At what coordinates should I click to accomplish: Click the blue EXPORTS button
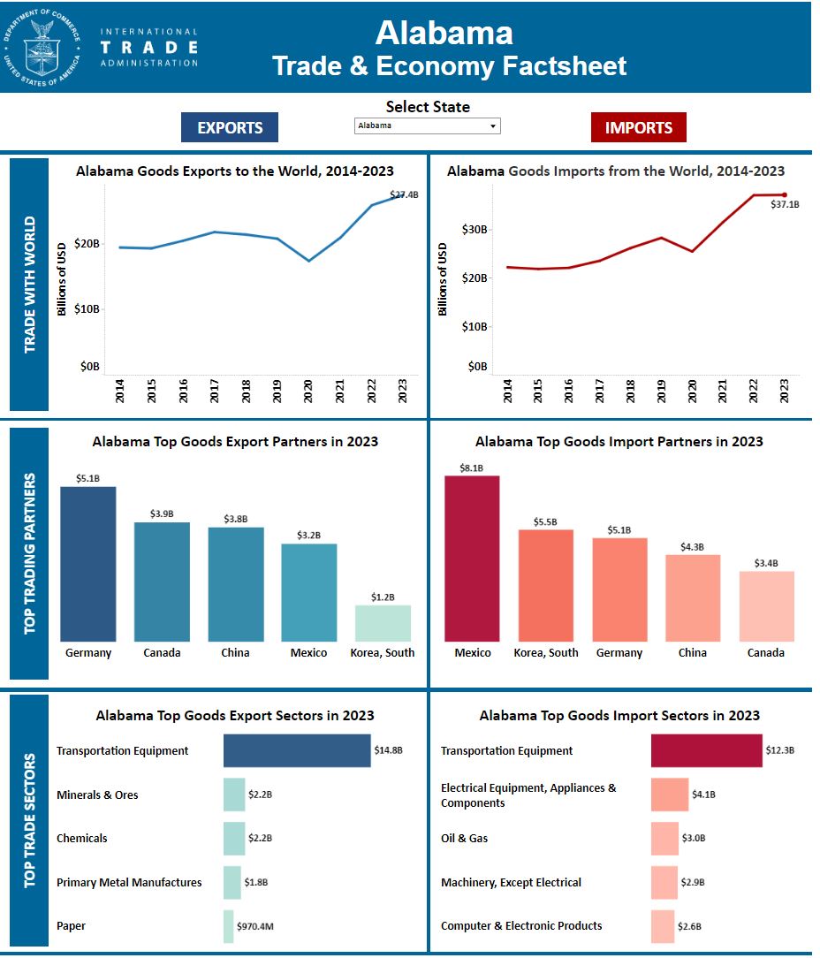230,127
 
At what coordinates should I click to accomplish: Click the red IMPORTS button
638,127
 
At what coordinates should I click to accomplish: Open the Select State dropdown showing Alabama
428,125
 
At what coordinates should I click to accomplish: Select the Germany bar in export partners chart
88,564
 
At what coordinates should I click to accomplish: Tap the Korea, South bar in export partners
383,623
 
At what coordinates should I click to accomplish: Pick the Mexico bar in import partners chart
472,559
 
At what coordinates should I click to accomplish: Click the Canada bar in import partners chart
766,606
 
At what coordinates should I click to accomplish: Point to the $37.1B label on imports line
785,204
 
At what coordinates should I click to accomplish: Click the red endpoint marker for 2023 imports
784,194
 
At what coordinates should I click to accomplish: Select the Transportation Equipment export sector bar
297,750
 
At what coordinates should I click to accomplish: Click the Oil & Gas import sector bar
664,838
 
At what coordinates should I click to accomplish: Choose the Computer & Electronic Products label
521,925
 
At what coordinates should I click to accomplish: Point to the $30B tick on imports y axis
475,230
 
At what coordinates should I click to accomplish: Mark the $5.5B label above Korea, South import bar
545,522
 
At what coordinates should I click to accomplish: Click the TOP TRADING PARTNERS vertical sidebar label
30,553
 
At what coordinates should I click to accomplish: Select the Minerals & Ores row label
97,795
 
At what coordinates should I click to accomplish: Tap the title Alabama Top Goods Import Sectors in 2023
619,715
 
